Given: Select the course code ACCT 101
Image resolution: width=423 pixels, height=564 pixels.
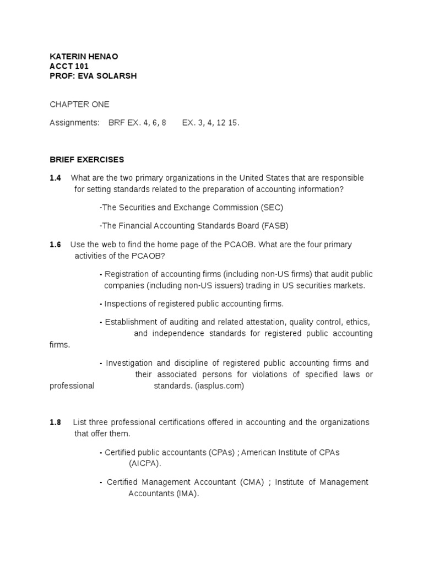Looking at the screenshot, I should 69,66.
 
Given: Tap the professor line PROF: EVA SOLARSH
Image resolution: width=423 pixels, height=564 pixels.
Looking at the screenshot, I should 93,76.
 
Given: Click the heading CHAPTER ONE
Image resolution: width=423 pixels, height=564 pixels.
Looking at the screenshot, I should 80,104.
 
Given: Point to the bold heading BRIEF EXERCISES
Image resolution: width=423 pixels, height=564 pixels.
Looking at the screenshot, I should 87,160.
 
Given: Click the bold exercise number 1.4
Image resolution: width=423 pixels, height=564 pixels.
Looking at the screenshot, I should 55,178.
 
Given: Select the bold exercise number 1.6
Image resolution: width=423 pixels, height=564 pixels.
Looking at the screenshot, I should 55,245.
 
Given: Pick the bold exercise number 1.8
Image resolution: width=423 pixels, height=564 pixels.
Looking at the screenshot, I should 55,422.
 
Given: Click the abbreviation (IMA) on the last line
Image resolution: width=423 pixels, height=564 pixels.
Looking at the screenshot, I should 187,493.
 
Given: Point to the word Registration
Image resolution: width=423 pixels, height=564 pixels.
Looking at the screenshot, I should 128,274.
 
